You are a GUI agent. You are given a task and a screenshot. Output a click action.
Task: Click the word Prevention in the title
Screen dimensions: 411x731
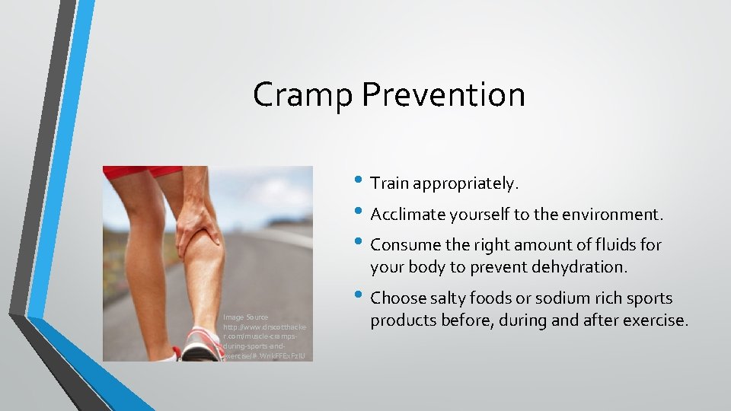click(x=443, y=96)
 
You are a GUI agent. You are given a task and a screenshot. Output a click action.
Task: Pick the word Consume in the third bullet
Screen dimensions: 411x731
click(x=404, y=245)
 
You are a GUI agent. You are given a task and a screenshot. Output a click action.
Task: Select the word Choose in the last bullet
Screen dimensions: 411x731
click(x=397, y=298)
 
